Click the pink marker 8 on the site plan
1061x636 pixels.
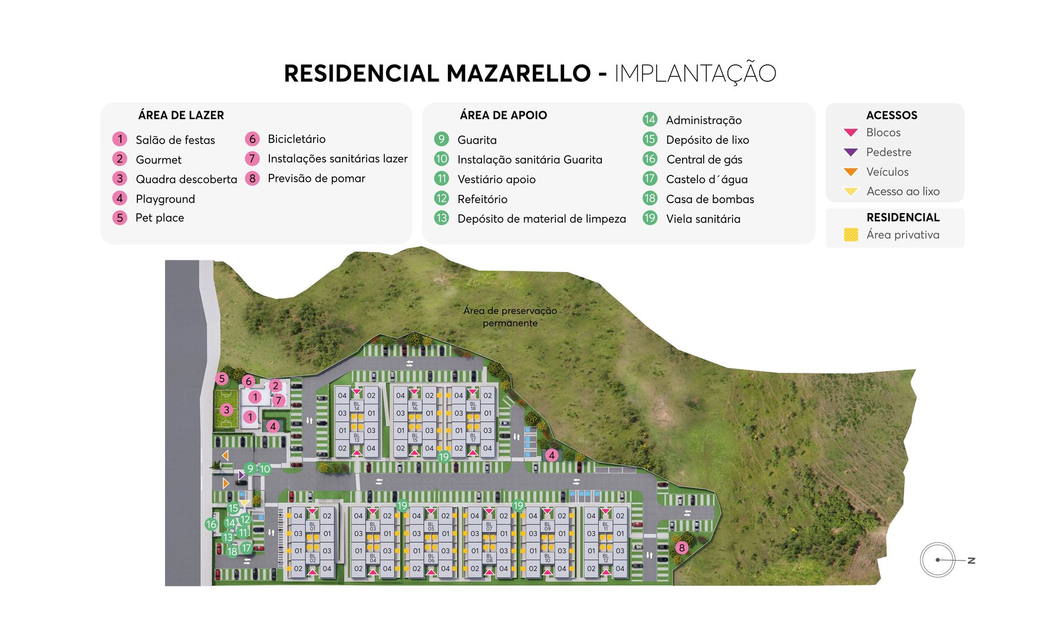point(682,548)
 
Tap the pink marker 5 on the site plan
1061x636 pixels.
point(222,379)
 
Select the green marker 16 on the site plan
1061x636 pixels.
point(211,524)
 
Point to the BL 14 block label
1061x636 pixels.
point(357,406)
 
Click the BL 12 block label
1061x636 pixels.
point(605,557)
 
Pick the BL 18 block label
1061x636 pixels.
point(473,406)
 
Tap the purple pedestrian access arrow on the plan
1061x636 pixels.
point(241,475)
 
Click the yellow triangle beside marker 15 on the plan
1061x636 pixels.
point(244,503)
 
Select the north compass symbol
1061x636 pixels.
point(938,560)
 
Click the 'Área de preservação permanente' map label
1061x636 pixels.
point(510,317)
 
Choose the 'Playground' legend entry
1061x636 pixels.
point(165,199)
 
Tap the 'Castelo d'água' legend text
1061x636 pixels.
point(707,180)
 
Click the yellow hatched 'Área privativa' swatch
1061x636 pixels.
point(851,235)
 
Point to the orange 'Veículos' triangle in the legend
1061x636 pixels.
point(851,172)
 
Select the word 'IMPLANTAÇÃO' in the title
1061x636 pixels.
point(695,74)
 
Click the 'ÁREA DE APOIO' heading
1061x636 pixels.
point(503,115)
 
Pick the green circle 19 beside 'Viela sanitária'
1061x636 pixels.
point(650,218)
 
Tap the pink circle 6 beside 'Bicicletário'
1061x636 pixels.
point(252,139)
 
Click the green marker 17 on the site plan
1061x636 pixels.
point(246,548)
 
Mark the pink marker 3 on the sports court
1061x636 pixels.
point(227,410)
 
